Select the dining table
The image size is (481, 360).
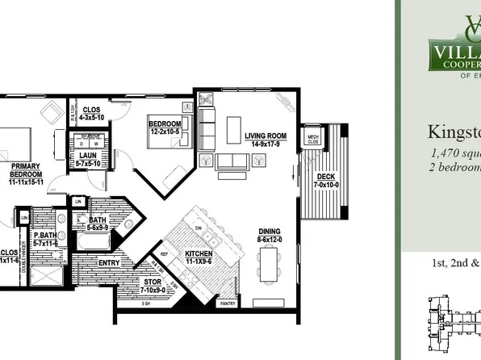(x=269, y=262)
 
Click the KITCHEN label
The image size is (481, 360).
(x=199, y=254)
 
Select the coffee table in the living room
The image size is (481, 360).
(x=233, y=130)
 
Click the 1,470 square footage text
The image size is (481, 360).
(x=455, y=152)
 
